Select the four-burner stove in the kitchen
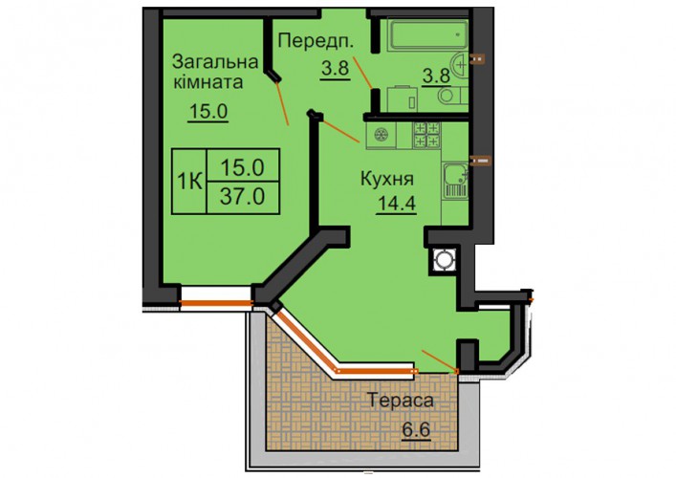pos(426,134)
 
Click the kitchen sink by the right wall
pos(455,181)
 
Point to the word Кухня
pos(387,179)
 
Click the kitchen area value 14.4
pos(396,203)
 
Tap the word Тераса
pos(401,401)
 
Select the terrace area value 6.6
pos(417,429)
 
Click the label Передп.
pos(316,41)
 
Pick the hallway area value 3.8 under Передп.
pos(335,68)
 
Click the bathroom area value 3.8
pos(436,76)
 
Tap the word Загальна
pos(215,62)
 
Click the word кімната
pos(208,82)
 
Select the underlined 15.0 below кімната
pos(208,112)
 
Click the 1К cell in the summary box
pos(189,182)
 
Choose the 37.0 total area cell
pos(243,197)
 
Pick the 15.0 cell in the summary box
pos(243,165)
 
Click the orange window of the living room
pos(216,303)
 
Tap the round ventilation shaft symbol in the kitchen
pos(443,260)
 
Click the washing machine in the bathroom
pos(403,99)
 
